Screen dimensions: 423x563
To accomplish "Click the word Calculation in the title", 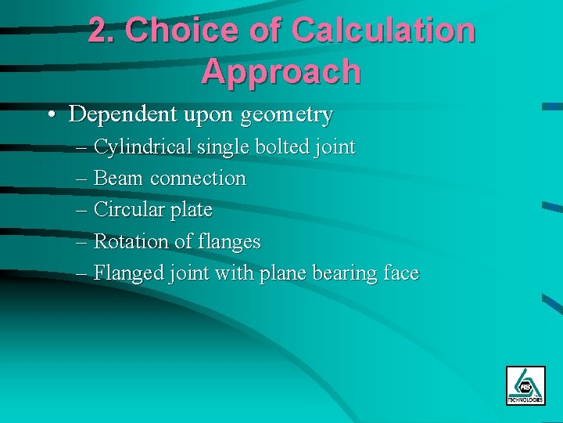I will pos(383,31).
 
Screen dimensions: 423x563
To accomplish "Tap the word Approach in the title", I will pos(281,71).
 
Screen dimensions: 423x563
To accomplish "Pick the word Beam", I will pos(118,179).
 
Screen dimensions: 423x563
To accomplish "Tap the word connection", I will pos(198,179).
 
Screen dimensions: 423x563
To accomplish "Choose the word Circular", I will pos(128,210).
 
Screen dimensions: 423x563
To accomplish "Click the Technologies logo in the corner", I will pos(525,385).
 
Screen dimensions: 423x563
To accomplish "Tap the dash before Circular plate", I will pos(83,211).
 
